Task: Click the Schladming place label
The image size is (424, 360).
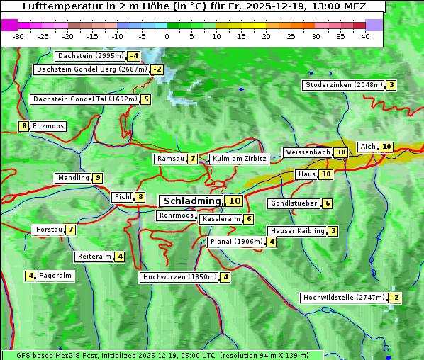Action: (191, 201)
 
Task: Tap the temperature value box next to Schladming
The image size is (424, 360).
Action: (235, 201)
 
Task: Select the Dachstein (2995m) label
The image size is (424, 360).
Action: (90, 55)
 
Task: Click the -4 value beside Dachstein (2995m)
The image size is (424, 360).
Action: (133, 56)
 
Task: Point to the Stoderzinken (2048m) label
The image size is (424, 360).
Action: (343, 85)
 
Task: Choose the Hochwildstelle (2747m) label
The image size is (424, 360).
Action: (343, 298)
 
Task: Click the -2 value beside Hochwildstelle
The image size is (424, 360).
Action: (394, 298)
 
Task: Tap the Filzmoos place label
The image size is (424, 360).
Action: (48, 126)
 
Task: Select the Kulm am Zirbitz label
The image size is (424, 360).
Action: (239, 159)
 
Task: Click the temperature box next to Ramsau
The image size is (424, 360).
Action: (193, 159)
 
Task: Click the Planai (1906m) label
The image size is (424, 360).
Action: (236, 242)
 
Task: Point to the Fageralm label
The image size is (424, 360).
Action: (55, 276)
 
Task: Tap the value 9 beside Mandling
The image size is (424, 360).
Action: (97, 178)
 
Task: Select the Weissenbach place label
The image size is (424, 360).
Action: (307, 152)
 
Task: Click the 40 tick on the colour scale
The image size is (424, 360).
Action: (365, 36)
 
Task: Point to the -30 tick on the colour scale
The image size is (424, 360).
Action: (18, 36)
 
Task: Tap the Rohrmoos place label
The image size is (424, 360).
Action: (176, 215)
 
